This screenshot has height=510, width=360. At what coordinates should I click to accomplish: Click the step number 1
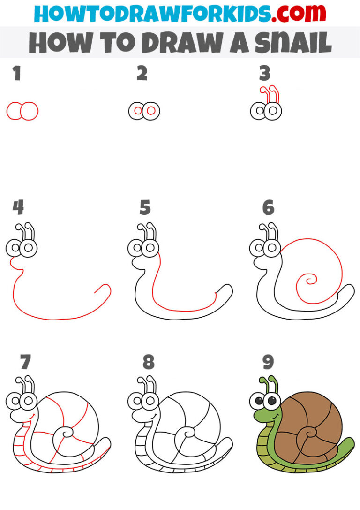coord(17,74)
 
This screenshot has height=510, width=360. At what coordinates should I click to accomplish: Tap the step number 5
coord(145,207)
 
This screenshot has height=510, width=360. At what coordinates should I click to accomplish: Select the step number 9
coord(268,362)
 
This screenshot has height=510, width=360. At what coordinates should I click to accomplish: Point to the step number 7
coord(25,362)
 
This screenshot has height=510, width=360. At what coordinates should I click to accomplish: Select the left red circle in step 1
coord(15,111)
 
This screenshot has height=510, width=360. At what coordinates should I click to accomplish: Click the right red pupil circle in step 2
coord(151,111)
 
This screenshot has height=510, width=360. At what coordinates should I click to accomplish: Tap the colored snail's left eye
coord(259,401)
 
